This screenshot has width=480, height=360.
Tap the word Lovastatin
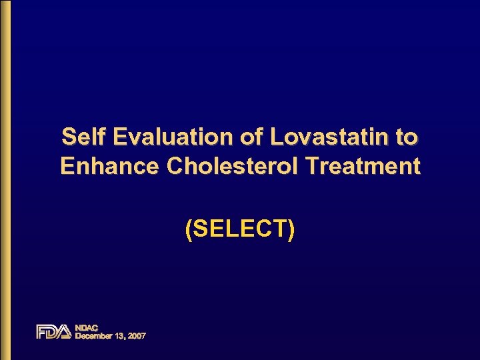[x=328, y=137]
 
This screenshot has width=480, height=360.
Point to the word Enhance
[x=110, y=166]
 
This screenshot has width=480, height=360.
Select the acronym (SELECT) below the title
[x=240, y=229]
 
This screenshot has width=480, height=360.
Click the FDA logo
[x=53, y=331]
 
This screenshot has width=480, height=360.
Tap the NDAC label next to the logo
[x=87, y=327]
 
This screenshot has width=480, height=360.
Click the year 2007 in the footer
[x=136, y=336]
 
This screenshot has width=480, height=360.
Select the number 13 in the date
[x=120, y=336]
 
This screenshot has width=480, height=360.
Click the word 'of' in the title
[x=253, y=137]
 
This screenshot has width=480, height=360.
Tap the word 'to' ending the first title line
[x=407, y=137]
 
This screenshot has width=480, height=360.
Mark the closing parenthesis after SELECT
[x=291, y=230]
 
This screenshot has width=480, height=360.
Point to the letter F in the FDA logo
[x=42, y=331]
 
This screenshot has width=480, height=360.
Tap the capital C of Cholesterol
[x=175, y=166]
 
